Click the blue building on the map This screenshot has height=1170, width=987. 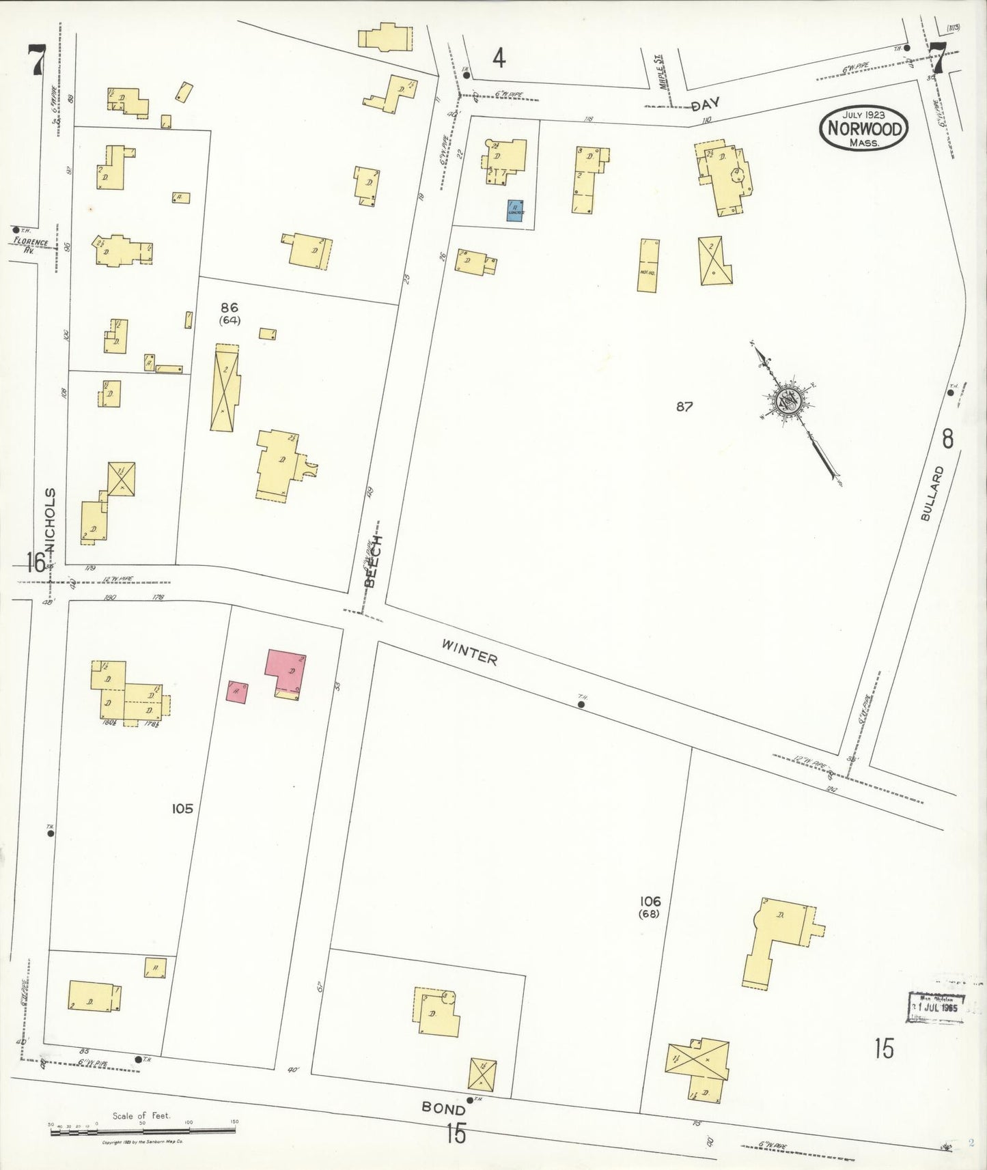(515, 210)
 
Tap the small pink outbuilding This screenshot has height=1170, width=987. (236, 692)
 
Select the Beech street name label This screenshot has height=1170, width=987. (373, 561)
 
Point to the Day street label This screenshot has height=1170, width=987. (706, 106)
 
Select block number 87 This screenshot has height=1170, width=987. (684, 407)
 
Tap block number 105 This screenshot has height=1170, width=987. (182, 809)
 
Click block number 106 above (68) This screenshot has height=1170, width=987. (650, 901)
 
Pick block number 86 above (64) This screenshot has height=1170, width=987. (230, 308)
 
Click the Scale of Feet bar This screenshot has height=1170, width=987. (142, 1130)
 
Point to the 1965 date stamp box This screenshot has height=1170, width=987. (936, 1008)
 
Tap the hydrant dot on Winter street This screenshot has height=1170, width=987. (581, 704)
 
